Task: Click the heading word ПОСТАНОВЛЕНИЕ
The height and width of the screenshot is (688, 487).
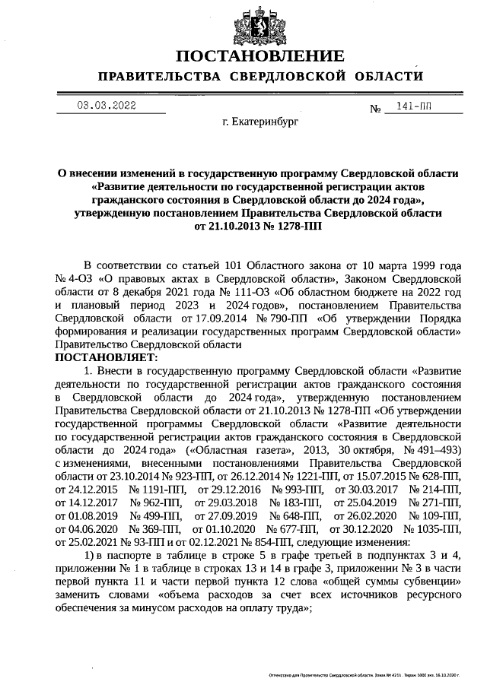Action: point(259,56)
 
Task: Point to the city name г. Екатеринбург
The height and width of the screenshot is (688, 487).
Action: point(259,121)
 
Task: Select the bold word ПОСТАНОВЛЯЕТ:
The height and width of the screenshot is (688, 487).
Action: point(106,357)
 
